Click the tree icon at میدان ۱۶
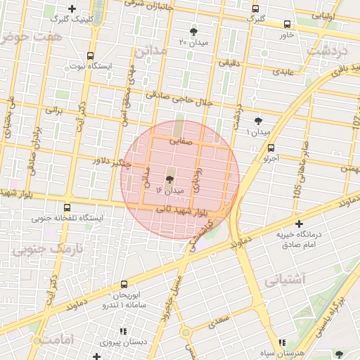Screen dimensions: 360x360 coord(169,179)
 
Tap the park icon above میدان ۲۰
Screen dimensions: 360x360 coord(194,31)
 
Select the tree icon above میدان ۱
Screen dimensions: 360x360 coord(259,121)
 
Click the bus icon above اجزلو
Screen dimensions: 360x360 coord(271,148)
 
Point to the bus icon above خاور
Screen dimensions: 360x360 coord(287,24)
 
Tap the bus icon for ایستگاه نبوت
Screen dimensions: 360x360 coord(90,55)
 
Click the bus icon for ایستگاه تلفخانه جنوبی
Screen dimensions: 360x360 coord(67,207)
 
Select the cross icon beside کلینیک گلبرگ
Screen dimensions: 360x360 coord(72,8)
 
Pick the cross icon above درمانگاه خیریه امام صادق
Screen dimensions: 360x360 coord(299,223)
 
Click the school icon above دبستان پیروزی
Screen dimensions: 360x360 coord(124,331)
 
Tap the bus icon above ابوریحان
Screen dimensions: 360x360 coord(124,285)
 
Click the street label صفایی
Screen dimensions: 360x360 coord(181,141)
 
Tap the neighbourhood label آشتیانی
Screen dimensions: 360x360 coord(286,280)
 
